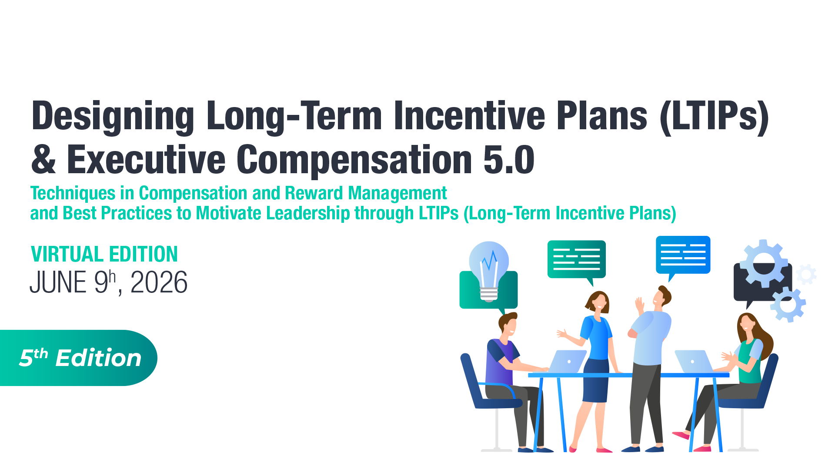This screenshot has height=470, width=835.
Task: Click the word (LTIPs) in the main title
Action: [x=714, y=116]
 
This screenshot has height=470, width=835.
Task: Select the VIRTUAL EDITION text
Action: [x=104, y=254]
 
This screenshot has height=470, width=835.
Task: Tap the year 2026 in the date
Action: [x=159, y=283]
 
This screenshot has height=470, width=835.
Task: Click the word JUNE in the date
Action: [x=58, y=283]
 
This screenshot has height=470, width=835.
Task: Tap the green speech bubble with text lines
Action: [x=576, y=259]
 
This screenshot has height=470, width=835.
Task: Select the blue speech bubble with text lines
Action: [x=683, y=255]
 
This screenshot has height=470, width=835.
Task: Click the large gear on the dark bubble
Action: [x=764, y=264]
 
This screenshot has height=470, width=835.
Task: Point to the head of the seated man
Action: [x=508, y=324]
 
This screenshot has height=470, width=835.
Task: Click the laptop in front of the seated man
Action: [x=568, y=361]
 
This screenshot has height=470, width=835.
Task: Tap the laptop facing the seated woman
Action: [x=692, y=361]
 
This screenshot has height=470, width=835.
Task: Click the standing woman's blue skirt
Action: [x=596, y=381]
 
